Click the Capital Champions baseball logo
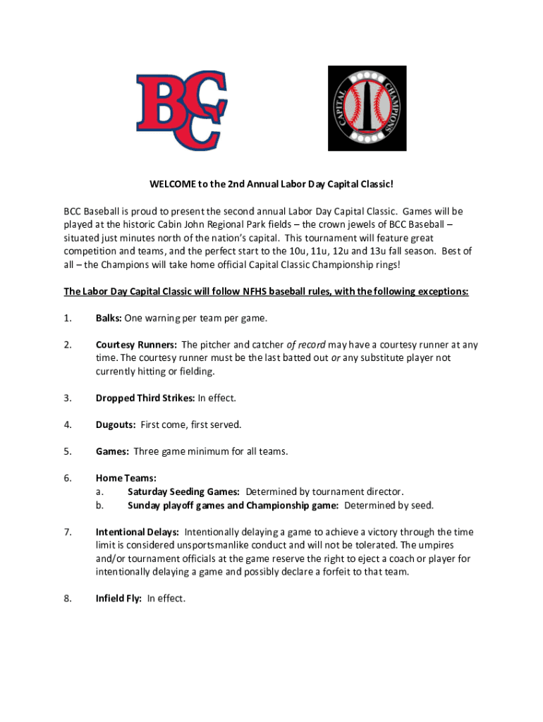tap(367, 108)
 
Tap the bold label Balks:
tap(109, 318)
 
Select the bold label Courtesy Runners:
tap(136, 345)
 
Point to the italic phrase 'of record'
tap(305, 345)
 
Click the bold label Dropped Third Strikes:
tap(145, 398)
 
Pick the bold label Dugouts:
tap(116, 424)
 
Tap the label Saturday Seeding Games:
tap(183, 491)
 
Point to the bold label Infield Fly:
tap(119, 599)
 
